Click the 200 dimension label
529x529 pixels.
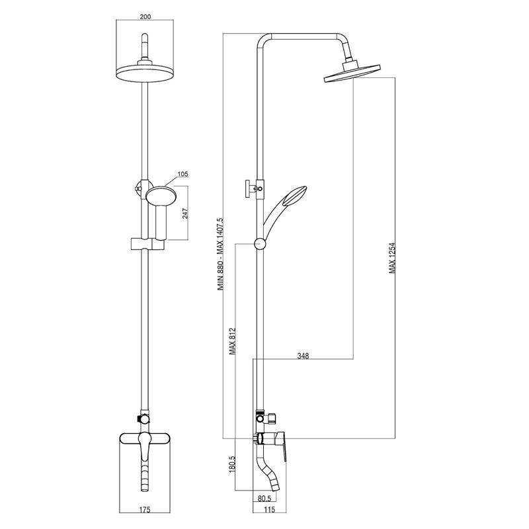click(145, 17)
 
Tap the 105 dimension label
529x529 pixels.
click(183, 174)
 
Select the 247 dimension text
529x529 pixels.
click(186, 213)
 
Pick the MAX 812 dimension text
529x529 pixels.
click(233, 341)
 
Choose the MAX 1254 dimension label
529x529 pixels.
click(392, 259)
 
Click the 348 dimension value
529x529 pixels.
click(303, 355)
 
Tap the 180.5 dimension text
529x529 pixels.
click(233, 464)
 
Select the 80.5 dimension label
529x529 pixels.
click(264, 498)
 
